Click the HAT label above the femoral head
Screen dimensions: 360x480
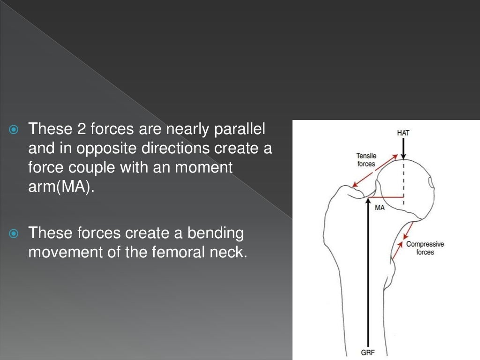pyautogui.click(x=403, y=133)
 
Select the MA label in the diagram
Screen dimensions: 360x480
pyautogui.click(x=380, y=208)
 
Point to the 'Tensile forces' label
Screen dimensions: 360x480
pyautogui.click(x=366, y=160)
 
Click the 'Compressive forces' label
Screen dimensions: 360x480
pyautogui.click(x=425, y=248)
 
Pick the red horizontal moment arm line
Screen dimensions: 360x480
pyautogui.click(x=384, y=197)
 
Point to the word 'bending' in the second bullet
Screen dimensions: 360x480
pyautogui.click(x=216, y=232)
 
